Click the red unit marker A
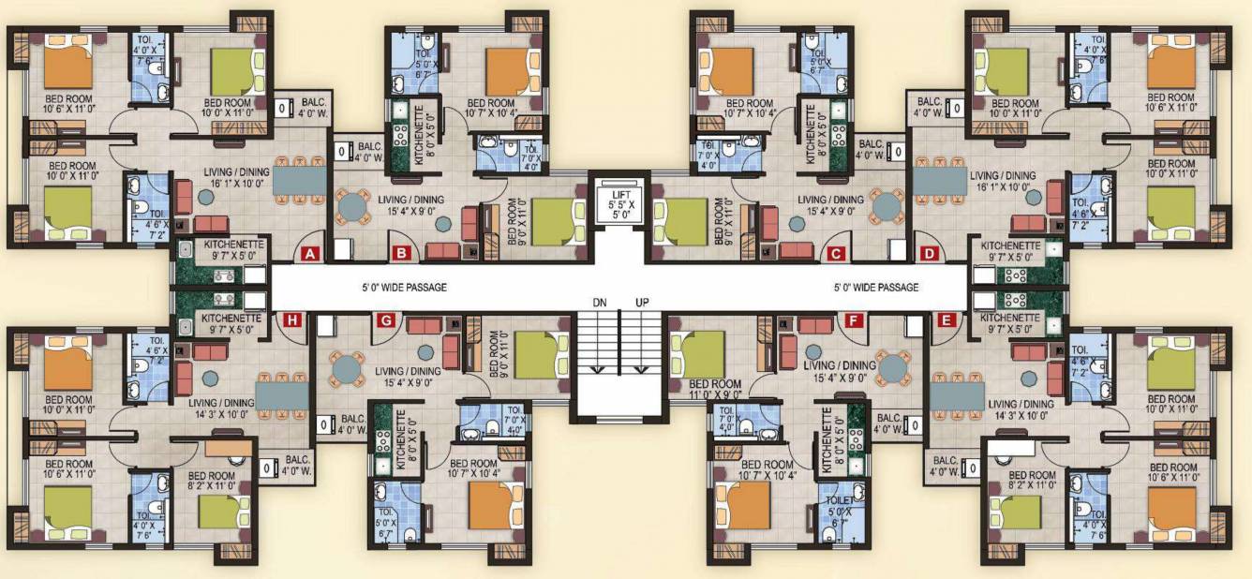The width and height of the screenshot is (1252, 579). [308, 252]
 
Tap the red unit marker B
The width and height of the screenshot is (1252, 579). [401, 252]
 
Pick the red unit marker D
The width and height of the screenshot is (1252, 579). [929, 252]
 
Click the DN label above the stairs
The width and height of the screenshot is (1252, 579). [600, 303]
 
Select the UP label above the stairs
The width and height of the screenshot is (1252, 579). [642, 303]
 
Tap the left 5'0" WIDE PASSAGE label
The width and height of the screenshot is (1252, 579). [405, 288]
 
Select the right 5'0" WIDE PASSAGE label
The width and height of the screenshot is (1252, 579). [876, 288]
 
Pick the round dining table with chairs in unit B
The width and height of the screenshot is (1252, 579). [354, 206]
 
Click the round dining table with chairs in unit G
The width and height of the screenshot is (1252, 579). [348, 367]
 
